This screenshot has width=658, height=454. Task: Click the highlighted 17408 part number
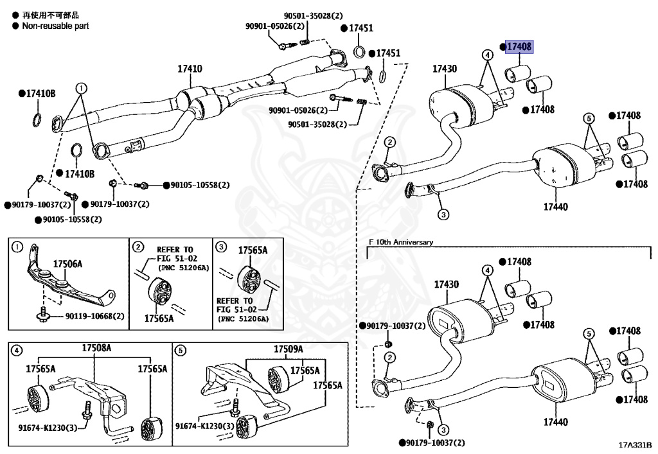tap(519, 47)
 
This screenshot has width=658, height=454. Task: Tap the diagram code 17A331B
tap(635, 444)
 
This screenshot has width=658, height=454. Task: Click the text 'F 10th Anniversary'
tap(401, 242)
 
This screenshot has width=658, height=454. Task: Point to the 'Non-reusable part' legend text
tap(55, 26)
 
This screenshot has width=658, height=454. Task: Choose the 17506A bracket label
tap(67, 264)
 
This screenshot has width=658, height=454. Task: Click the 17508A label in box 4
tap(96, 348)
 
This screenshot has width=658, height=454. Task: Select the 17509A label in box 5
tap(288, 348)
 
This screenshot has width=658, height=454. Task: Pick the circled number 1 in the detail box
tap(17, 247)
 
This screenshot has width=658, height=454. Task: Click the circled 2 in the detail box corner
tap(138, 247)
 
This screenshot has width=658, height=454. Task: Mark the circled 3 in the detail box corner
tap(220, 247)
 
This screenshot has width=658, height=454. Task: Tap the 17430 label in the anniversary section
tap(445, 284)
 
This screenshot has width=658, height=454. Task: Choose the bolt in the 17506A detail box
tap(42, 314)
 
